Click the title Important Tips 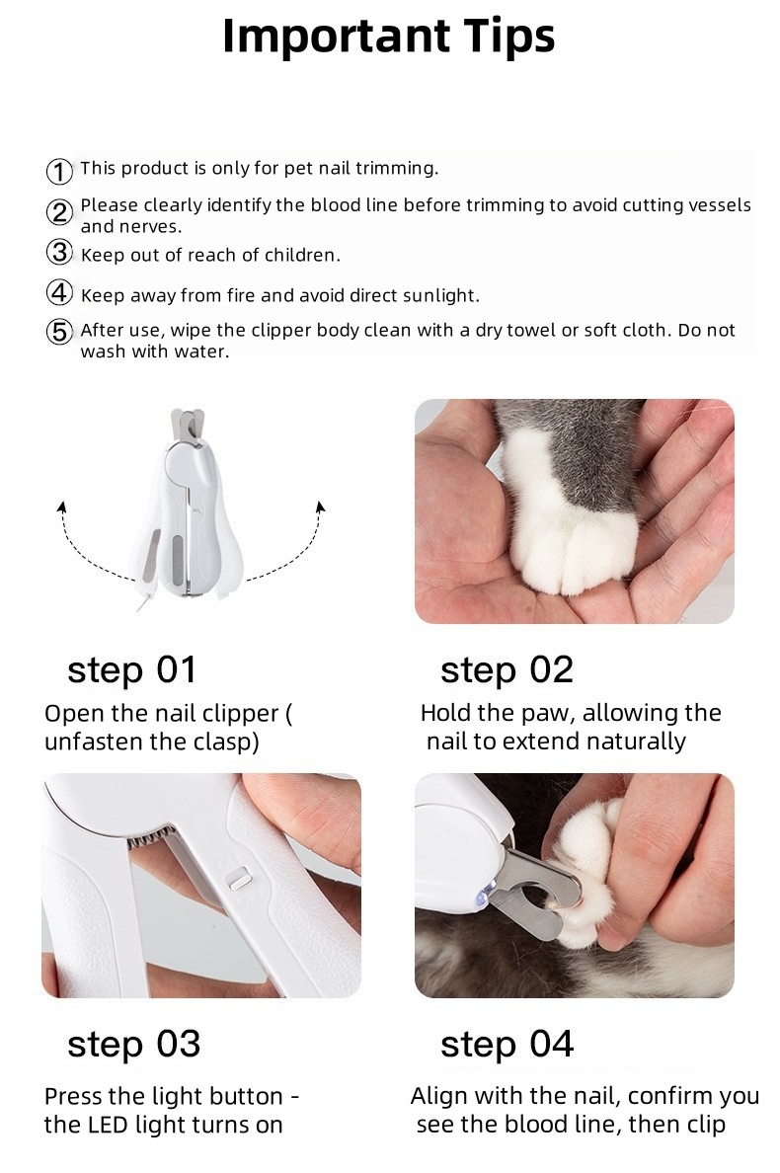tap(389, 37)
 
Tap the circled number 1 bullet tap(59, 172)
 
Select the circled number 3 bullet tap(59, 252)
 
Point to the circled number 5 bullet tap(59, 331)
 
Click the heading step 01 tap(131, 670)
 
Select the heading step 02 tap(507, 670)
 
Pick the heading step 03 tap(134, 1045)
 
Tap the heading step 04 tap(507, 1045)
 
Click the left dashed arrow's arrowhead tap(62, 508)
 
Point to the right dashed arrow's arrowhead tap(321, 508)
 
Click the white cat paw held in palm tap(571, 516)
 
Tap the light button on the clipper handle tap(239, 878)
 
